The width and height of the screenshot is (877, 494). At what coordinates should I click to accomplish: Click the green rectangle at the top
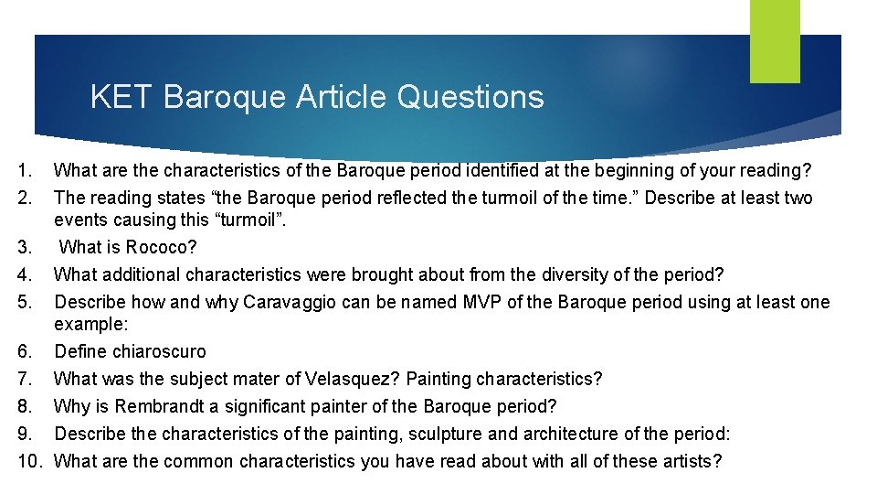coord(775,40)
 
